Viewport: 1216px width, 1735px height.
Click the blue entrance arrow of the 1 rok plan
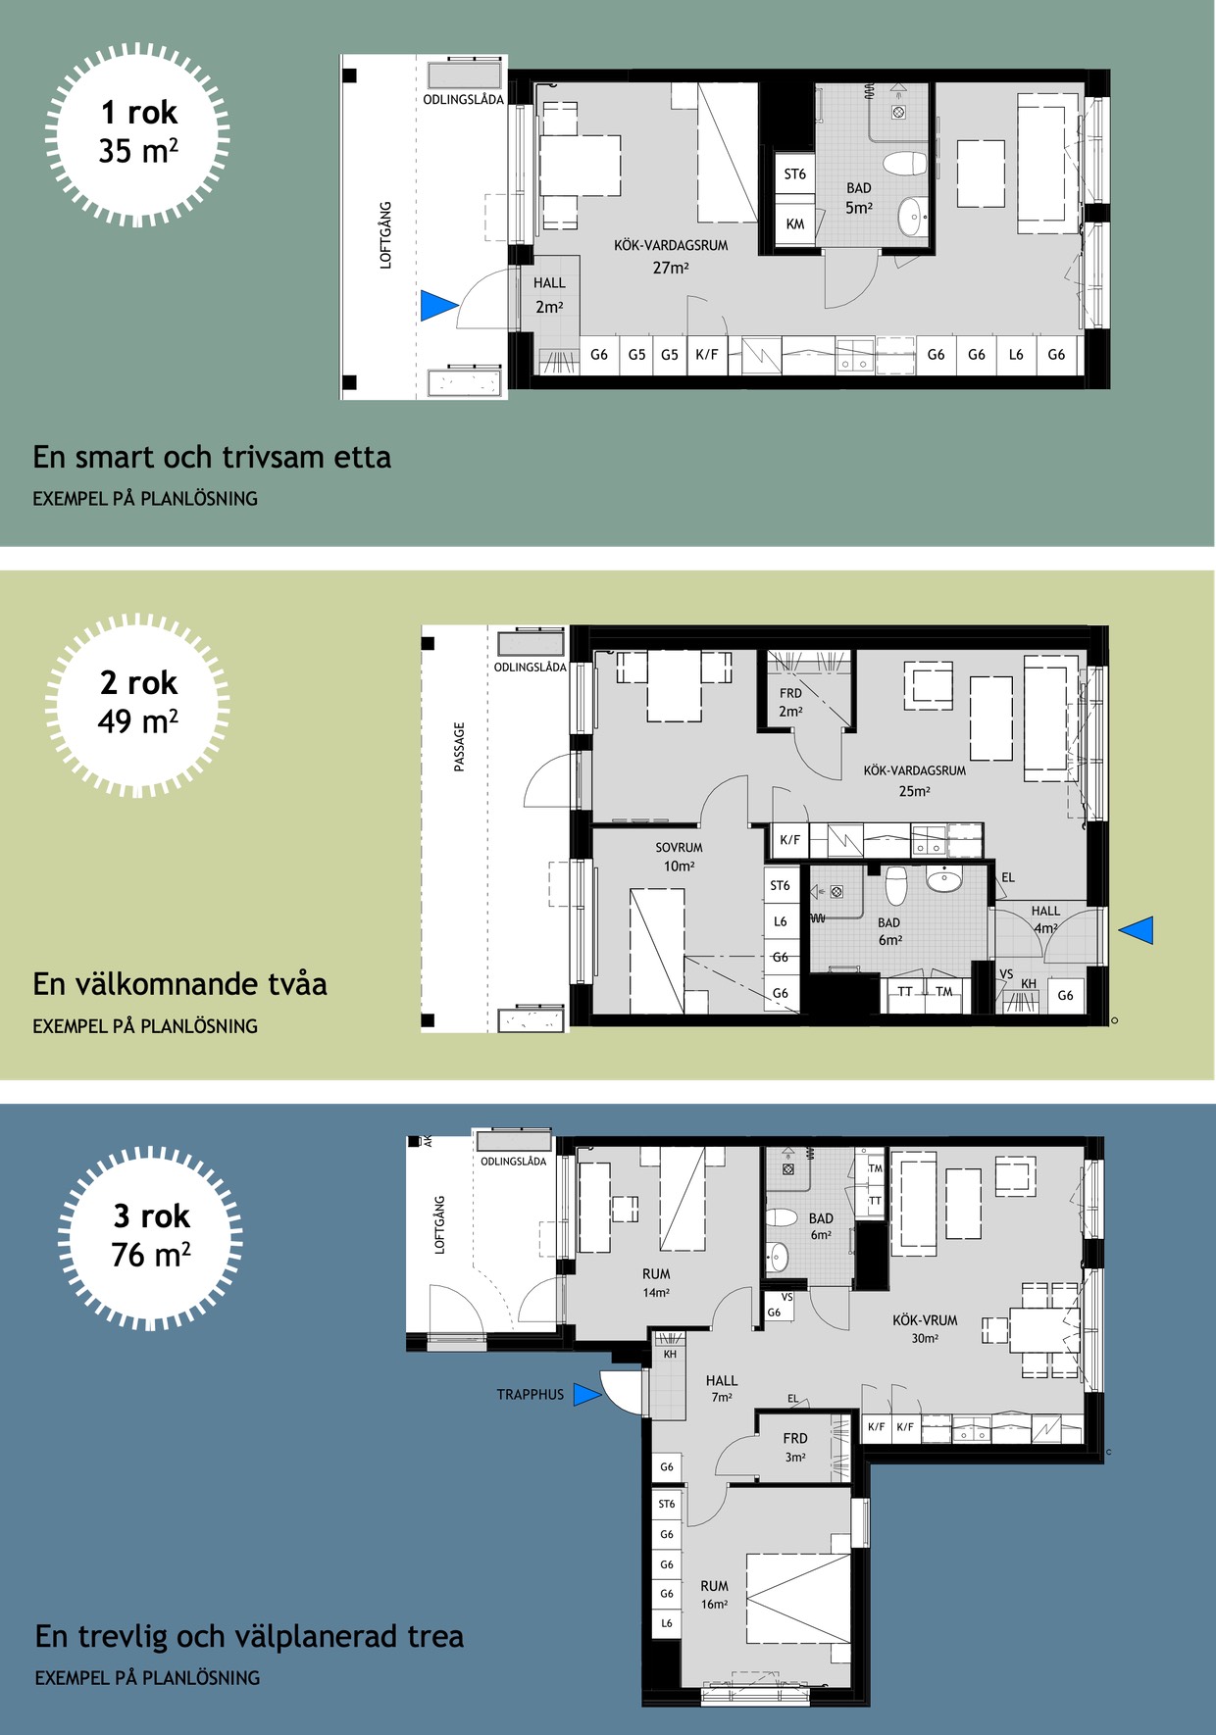click(437, 306)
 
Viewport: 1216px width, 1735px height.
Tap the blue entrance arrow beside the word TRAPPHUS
click(586, 1394)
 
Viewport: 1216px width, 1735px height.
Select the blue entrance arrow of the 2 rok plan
click(1137, 930)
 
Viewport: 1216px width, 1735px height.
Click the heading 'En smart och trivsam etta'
click(212, 457)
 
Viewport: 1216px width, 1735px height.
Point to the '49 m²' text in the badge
click(138, 721)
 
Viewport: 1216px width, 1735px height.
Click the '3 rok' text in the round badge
click(151, 1216)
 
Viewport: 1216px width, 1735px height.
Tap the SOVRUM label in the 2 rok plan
click(679, 848)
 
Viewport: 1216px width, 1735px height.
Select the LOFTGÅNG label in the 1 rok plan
click(385, 235)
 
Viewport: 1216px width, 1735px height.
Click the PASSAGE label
click(459, 747)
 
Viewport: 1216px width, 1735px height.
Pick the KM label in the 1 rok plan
click(795, 223)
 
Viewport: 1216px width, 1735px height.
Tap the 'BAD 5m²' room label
click(859, 198)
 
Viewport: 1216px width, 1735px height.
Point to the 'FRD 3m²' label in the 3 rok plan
click(795, 1447)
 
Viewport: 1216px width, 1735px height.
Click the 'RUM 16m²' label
click(714, 1595)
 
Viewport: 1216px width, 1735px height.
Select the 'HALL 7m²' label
click(722, 1388)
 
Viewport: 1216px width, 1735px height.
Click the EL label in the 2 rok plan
click(1008, 877)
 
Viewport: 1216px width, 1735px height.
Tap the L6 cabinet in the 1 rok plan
click(1016, 355)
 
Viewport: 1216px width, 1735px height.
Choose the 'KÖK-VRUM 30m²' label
click(925, 1329)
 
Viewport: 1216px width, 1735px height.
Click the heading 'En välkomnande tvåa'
click(179, 984)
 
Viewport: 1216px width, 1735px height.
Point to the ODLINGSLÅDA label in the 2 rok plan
click(530, 667)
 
